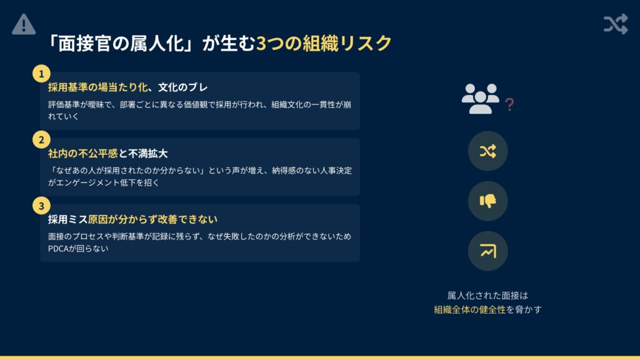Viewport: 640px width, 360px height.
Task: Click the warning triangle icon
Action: click(x=24, y=24)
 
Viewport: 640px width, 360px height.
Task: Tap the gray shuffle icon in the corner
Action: click(x=616, y=24)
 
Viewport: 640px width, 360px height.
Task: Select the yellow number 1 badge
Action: click(x=41, y=74)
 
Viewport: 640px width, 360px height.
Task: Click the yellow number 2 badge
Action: click(x=41, y=139)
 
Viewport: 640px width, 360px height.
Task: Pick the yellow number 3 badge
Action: click(x=41, y=206)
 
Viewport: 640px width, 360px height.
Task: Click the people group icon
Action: click(x=481, y=99)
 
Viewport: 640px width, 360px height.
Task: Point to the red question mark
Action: click(x=509, y=104)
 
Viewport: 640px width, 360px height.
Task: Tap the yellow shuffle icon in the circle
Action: click(x=487, y=151)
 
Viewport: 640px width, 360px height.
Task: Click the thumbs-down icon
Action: click(x=487, y=201)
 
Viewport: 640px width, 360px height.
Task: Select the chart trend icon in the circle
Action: click(x=487, y=251)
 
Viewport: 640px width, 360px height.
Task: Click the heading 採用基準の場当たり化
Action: click(x=97, y=87)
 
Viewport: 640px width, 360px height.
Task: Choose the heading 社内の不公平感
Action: click(x=83, y=154)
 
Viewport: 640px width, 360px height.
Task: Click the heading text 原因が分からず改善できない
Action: click(x=152, y=219)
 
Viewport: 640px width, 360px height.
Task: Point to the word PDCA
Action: click(x=58, y=249)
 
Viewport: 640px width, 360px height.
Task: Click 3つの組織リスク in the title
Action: click(x=324, y=43)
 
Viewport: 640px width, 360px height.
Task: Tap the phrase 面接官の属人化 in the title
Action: click(x=121, y=43)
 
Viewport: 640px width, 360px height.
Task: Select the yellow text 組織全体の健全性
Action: click(x=470, y=310)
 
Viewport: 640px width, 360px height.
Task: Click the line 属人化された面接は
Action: click(x=487, y=296)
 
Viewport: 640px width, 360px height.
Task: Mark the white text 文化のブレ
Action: click(x=183, y=87)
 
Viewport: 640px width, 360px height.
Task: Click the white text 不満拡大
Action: click(x=147, y=154)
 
